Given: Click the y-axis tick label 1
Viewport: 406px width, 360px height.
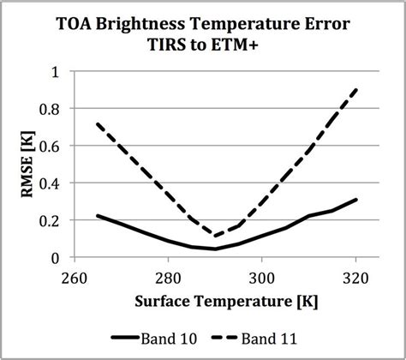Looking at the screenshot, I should click(57, 72).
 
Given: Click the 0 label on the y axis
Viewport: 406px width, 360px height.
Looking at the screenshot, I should click(57, 257).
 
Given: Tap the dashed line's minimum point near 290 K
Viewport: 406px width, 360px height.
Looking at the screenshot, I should click(216, 236).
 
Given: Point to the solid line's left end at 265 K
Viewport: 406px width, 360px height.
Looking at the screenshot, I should click(98, 216).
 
